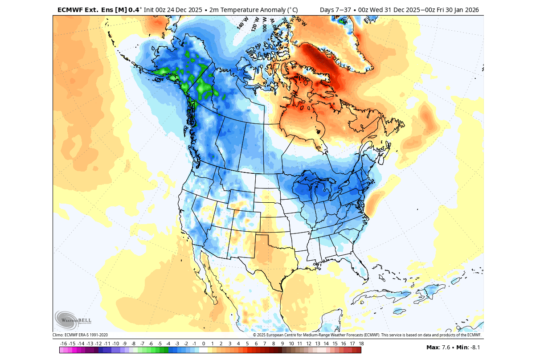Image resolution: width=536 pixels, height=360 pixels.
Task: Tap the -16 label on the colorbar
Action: (63, 344)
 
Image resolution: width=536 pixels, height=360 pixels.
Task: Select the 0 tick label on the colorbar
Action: (204, 344)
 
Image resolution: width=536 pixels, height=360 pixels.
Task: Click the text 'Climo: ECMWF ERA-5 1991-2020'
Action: (80, 335)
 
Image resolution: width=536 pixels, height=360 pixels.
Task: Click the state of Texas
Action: (267, 254)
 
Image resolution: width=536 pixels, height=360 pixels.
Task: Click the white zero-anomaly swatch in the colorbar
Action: (204, 350)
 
